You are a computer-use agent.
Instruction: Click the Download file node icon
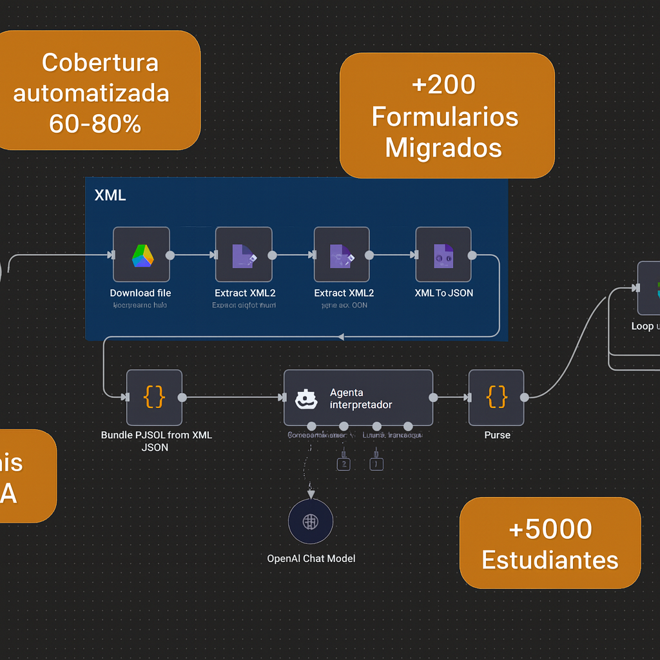(x=141, y=255)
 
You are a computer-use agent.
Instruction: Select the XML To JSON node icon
(x=443, y=255)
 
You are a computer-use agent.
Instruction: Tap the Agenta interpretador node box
(x=358, y=398)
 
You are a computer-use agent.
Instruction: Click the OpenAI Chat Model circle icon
(x=311, y=521)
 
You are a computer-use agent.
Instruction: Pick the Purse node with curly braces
(x=496, y=398)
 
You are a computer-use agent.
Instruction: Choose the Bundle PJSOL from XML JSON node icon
(x=154, y=398)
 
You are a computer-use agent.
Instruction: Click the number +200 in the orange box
(x=443, y=84)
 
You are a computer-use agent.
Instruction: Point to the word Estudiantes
(x=550, y=559)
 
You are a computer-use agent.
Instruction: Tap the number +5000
(x=550, y=529)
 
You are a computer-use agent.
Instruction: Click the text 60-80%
(x=95, y=124)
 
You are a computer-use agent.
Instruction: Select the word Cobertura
(x=100, y=63)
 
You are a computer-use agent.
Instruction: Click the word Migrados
(x=443, y=148)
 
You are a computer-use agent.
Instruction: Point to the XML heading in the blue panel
(x=110, y=195)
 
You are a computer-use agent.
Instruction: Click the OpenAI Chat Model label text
(x=311, y=558)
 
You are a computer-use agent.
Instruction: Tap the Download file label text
(x=141, y=293)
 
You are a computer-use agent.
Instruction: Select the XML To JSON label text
(x=443, y=293)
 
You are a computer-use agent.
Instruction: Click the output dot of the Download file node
(x=170, y=255)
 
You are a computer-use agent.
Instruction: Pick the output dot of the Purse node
(x=525, y=398)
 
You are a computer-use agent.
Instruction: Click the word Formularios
(x=445, y=117)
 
